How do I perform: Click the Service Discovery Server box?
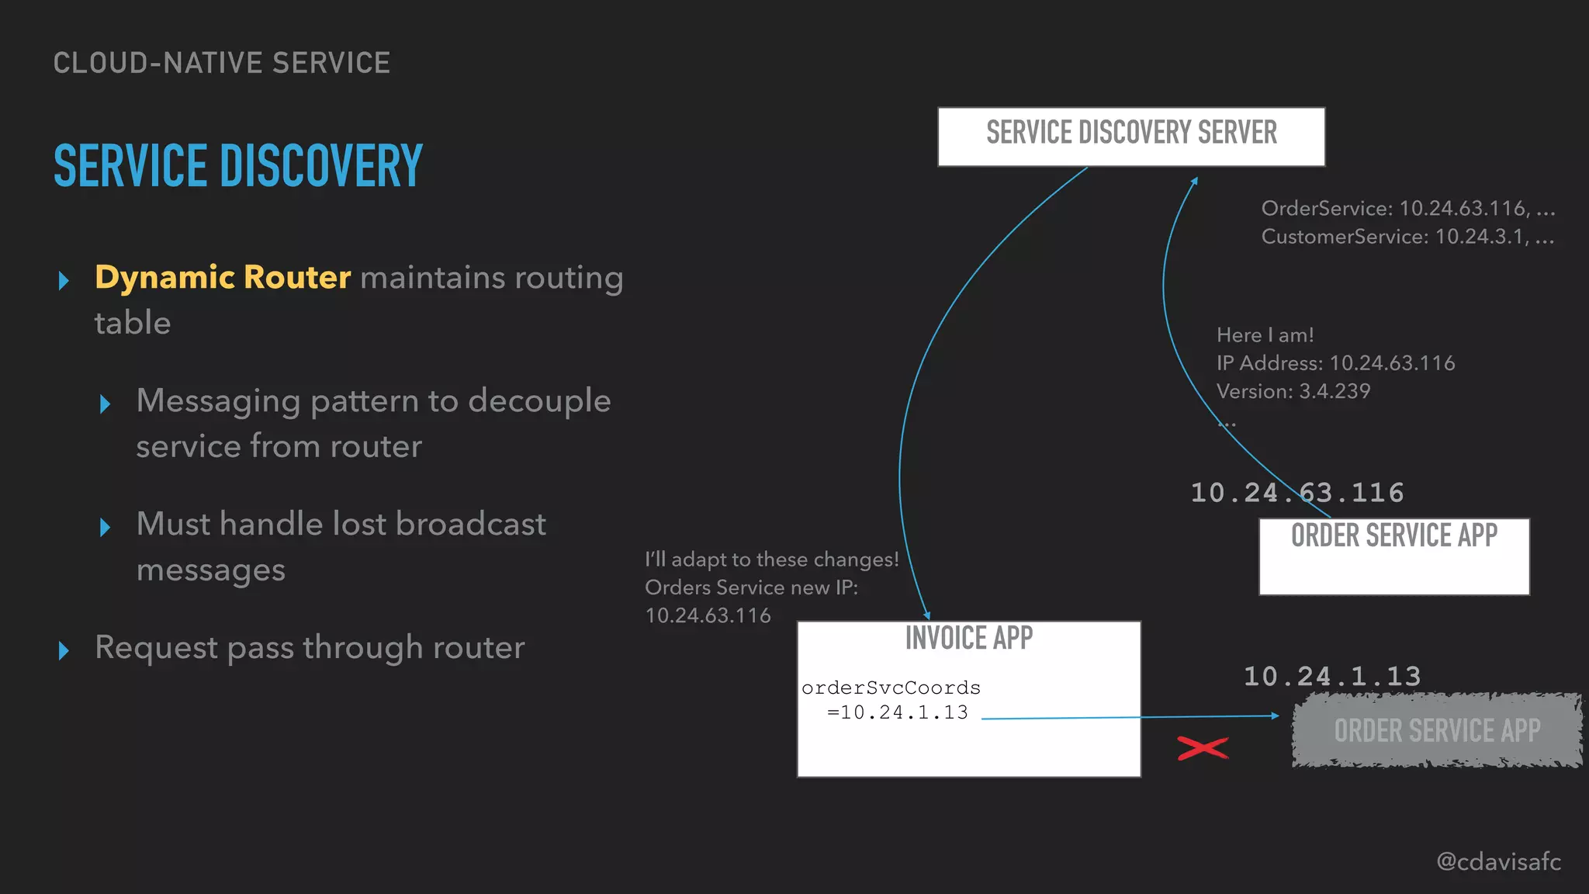click(x=1131, y=137)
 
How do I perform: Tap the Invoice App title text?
click(x=969, y=639)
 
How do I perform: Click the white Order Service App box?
click(x=1394, y=556)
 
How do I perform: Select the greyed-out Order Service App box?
click(x=1437, y=730)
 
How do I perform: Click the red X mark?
click(x=1203, y=748)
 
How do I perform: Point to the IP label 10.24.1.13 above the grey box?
click(x=1332, y=677)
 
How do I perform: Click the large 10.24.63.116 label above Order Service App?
click(x=1297, y=493)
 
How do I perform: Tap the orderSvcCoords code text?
click(x=891, y=688)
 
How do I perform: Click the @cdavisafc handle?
click(x=1498, y=861)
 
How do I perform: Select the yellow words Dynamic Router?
click(x=223, y=277)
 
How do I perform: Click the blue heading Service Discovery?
click(x=238, y=166)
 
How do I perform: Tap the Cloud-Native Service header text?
click(x=222, y=63)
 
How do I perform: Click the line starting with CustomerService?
click(x=1407, y=237)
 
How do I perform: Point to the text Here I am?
click(x=1265, y=335)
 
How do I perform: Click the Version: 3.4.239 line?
click(x=1293, y=391)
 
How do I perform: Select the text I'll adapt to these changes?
click(x=772, y=560)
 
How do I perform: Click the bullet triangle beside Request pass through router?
click(x=64, y=650)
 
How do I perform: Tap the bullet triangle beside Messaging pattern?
click(x=106, y=404)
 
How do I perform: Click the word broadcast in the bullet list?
click(x=471, y=525)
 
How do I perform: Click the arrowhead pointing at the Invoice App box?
click(x=926, y=615)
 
